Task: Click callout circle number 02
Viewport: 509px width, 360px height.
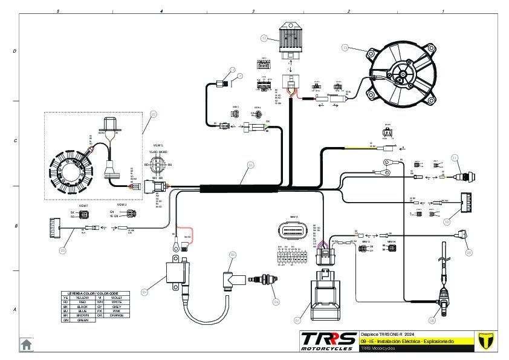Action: (154, 114)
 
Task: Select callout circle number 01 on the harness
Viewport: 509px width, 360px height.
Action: (250, 164)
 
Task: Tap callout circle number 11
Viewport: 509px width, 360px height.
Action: (455, 158)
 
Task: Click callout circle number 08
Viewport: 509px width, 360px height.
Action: (432, 319)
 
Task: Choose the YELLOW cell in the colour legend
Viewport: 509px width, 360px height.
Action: (82, 298)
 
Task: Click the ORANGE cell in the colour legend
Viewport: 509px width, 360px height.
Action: (117, 315)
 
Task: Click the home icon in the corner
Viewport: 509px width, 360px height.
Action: (27, 344)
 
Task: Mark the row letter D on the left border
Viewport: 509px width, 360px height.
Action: (15, 51)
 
